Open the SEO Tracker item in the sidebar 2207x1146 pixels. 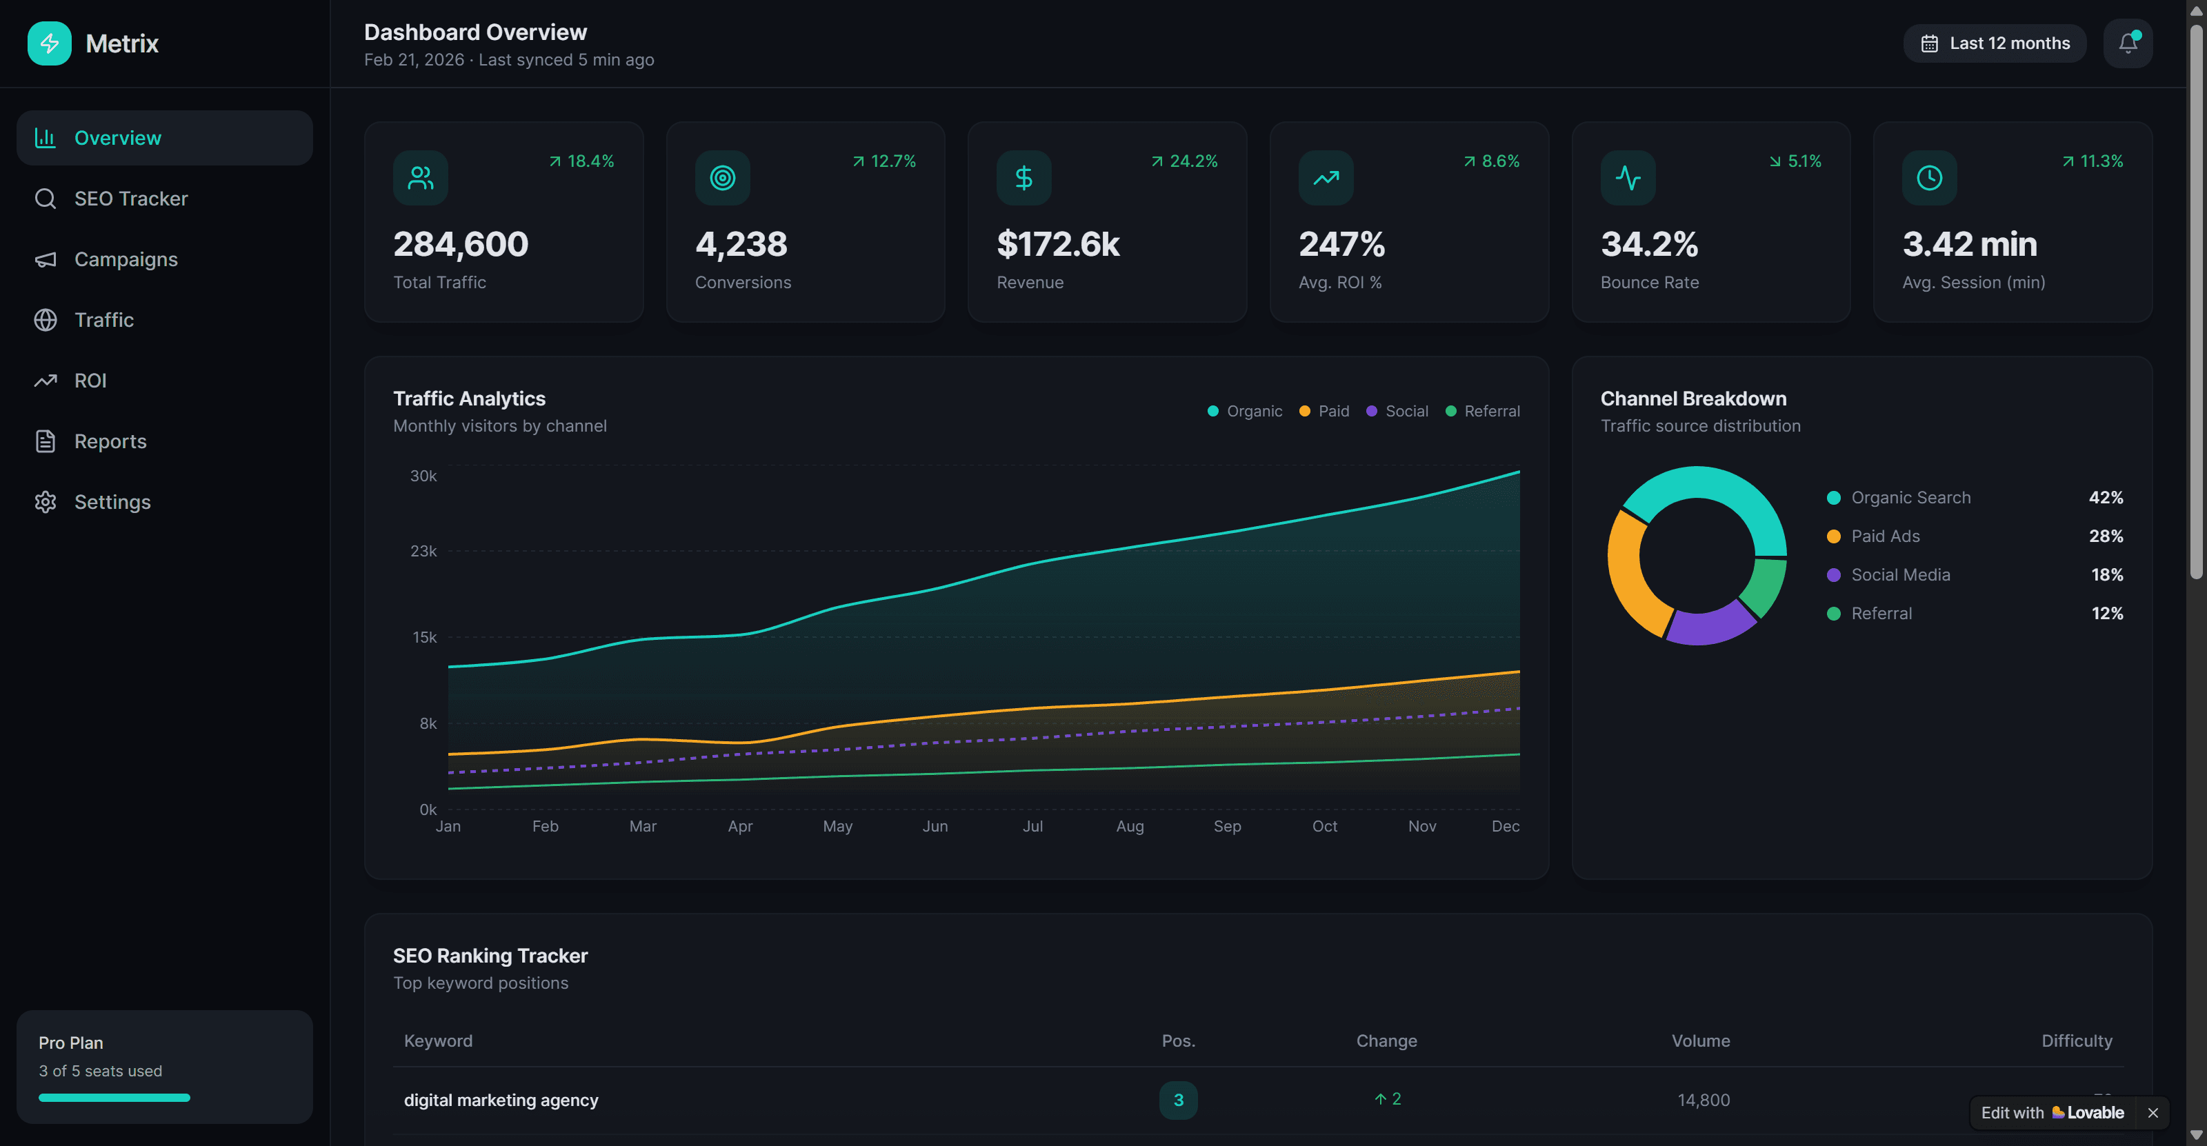point(130,199)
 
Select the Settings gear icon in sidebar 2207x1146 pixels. point(46,502)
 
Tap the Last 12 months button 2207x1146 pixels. point(1995,43)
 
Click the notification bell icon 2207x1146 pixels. point(2127,43)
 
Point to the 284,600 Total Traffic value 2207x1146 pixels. point(461,245)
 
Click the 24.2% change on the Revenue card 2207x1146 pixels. point(1184,161)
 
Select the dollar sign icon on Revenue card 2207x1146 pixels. point(1023,178)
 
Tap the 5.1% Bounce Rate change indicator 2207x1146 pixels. point(1796,161)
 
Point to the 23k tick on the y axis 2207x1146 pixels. point(423,551)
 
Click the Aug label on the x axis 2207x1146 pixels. point(1129,827)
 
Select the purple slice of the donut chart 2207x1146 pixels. point(1709,625)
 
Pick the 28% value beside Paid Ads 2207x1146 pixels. point(2105,536)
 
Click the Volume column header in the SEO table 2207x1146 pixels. point(1700,1041)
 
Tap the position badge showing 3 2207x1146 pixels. point(1178,1100)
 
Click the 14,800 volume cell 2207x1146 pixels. point(1704,1100)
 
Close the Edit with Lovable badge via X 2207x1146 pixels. point(2152,1113)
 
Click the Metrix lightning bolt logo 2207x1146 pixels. point(50,43)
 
